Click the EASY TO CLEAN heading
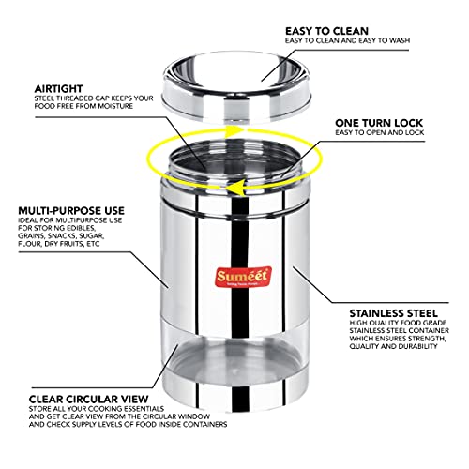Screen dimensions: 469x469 click(x=326, y=31)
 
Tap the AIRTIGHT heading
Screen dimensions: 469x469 click(x=58, y=88)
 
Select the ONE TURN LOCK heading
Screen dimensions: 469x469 click(x=379, y=123)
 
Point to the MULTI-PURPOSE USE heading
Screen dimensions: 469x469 click(x=71, y=210)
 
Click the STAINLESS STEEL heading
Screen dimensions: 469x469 click(x=394, y=313)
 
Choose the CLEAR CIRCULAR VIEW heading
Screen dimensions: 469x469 click(x=88, y=400)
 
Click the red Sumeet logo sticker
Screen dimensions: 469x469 click(x=243, y=277)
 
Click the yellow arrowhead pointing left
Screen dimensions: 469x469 click(x=235, y=189)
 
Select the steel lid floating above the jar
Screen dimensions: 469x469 click(x=237, y=86)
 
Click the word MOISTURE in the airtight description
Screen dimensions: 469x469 click(x=115, y=106)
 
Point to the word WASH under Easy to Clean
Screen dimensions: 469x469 click(x=400, y=40)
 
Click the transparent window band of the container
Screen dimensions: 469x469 click(x=235, y=354)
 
